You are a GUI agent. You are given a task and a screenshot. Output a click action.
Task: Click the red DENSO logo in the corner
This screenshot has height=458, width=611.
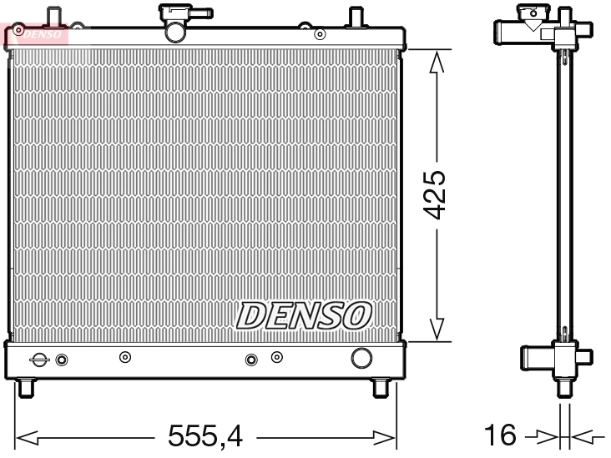(35, 34)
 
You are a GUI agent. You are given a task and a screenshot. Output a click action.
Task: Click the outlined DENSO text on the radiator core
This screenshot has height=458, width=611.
(304, 315)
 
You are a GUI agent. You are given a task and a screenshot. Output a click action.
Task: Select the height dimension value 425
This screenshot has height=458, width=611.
(436, 196)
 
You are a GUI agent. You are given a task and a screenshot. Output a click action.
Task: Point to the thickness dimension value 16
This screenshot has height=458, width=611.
(501, 435)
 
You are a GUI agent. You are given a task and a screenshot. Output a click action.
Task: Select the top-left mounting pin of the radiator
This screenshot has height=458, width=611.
(55, 17)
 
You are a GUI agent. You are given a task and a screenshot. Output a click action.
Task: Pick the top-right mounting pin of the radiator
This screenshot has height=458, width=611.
(354, 17)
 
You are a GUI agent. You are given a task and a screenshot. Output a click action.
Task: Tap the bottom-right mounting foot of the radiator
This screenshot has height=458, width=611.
(380, 388)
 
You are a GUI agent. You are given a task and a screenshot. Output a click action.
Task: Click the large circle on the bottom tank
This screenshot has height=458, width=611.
(361, 358)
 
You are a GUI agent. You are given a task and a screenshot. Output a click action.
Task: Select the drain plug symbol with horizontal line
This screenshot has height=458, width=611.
(39, 360)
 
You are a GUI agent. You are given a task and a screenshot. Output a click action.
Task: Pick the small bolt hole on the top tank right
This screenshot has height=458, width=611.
(320, 34)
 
